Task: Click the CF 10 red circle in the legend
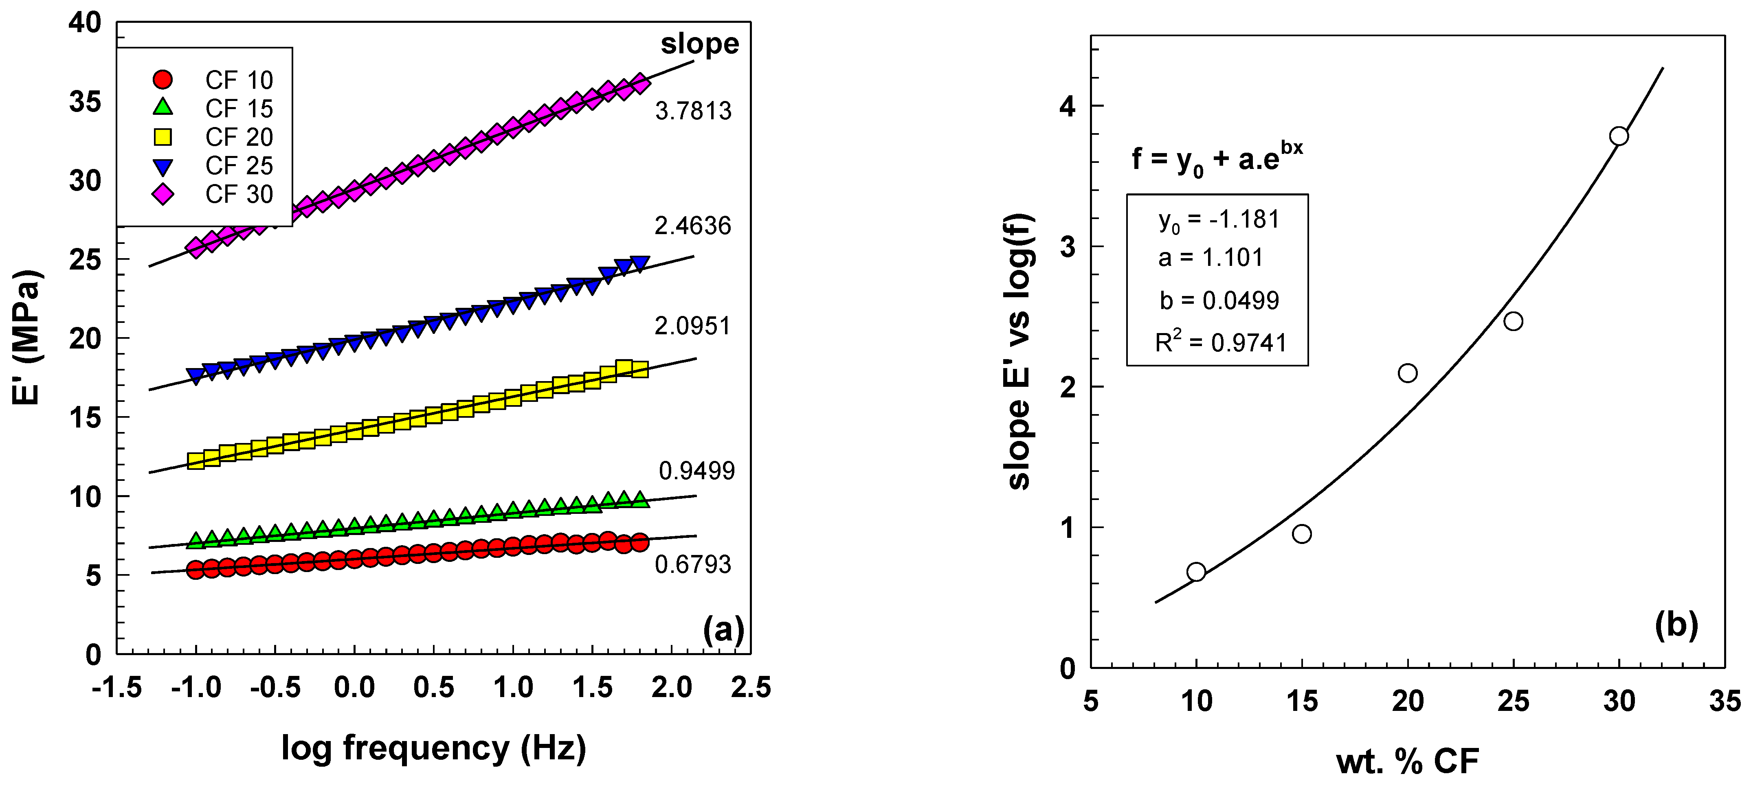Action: click(x=163, y=79)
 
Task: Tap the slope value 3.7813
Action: click(x=693, y=111)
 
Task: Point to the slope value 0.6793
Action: click(x=693, y=564)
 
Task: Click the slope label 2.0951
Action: click(x=692, y=326)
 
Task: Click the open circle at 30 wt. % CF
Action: click(x=1619, y=137)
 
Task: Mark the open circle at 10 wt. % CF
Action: click(x=1196, y=572)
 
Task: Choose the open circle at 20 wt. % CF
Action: click(x=1408, y=373)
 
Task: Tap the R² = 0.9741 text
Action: click(x=1221, y=342)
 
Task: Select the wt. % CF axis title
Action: click(x=1407, y=761)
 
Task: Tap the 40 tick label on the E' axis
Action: click(x=85, y=23)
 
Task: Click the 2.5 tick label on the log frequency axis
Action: click(x=750, y=688)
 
